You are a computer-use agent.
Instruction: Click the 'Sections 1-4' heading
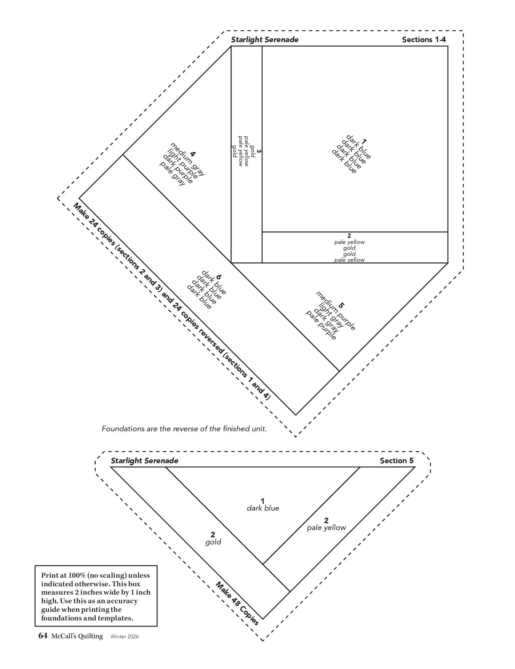coord(424,40)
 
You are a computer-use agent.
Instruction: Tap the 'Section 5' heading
coord(397,460)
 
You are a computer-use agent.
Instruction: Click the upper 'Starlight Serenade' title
coord(264,40)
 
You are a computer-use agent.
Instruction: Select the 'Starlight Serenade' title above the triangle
coord(144,460)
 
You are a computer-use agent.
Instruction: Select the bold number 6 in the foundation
coord(219,277)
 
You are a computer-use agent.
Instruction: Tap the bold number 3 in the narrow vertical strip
coord(259,151)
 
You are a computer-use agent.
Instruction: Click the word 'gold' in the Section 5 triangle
coord(213,542)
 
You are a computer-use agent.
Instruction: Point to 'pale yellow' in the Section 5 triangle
coord(326,528)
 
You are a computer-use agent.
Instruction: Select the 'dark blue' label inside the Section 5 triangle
coord(263,508)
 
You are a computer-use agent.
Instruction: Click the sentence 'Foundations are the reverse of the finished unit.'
coord(184,428)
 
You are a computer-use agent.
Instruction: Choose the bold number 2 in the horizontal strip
coord(349,236)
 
